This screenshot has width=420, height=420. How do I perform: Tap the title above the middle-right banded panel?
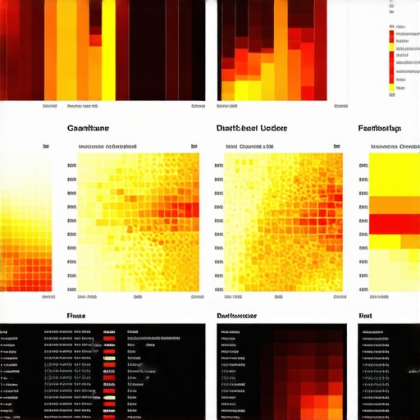[x=379, y=129]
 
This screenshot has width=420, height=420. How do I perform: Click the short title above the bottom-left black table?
[x=75, y=315]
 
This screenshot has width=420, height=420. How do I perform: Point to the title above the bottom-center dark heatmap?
[x=236, y=315]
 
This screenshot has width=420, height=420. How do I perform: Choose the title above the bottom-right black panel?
[x=366, y=315]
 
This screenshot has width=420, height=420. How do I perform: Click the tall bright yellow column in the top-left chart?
[x=108, y=49]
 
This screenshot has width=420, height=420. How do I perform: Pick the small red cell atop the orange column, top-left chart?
[x=95, y=39]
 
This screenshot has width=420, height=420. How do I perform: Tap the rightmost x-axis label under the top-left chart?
[x=198, y=106]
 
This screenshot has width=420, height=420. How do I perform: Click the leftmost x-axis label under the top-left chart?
[x=50, y=106]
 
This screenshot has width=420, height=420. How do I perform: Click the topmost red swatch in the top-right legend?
[x=391, y=27]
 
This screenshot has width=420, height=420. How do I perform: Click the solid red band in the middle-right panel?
[x=395, y=224]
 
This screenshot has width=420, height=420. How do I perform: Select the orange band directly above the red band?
[x=395, y=205]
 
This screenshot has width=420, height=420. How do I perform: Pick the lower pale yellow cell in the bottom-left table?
[x=109, y=402]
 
